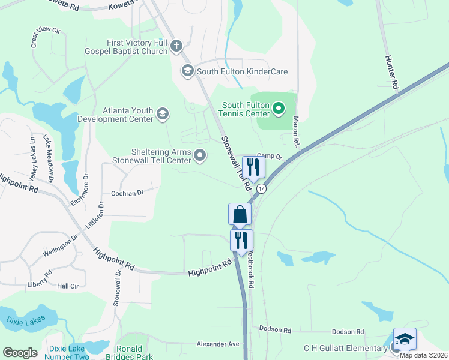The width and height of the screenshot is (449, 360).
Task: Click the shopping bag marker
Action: click(240, 214)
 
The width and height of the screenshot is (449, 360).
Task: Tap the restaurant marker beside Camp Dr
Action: click(253, 167)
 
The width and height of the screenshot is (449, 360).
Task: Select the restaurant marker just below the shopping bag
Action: click(242, 240)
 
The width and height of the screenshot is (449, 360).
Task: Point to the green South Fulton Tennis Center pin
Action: click(278, 109)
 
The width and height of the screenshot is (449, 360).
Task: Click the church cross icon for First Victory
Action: click(176, 46)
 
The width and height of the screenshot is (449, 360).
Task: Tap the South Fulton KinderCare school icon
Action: click(187, 71)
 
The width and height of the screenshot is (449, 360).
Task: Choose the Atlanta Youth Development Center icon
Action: click(163, 113)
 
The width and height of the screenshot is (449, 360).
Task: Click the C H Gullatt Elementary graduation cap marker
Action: click(404, 340)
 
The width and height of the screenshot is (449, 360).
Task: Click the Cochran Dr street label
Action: click(128, 193)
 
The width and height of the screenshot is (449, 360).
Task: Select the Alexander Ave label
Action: click(218, 344)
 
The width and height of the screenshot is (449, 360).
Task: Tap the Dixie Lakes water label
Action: click(22, 321)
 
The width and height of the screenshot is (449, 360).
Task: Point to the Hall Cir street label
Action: click(68, 286)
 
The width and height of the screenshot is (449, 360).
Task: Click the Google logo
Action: click(20, 353)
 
